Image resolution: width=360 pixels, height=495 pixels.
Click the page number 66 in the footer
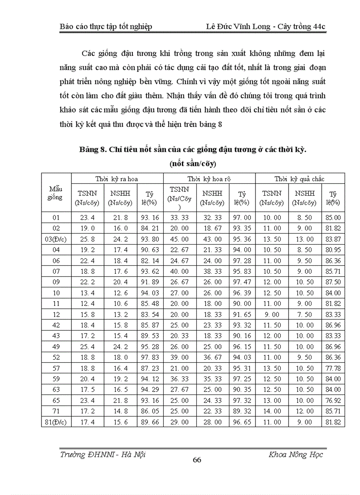pos(197,460)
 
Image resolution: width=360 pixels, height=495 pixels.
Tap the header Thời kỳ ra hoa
pos(117,179)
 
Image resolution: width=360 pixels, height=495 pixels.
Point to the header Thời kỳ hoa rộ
pos(209,179)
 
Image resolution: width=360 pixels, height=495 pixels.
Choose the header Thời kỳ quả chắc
pos(299,179)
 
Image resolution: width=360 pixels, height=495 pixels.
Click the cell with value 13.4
pos(86,293)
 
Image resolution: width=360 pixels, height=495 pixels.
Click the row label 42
pos(56,314)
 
